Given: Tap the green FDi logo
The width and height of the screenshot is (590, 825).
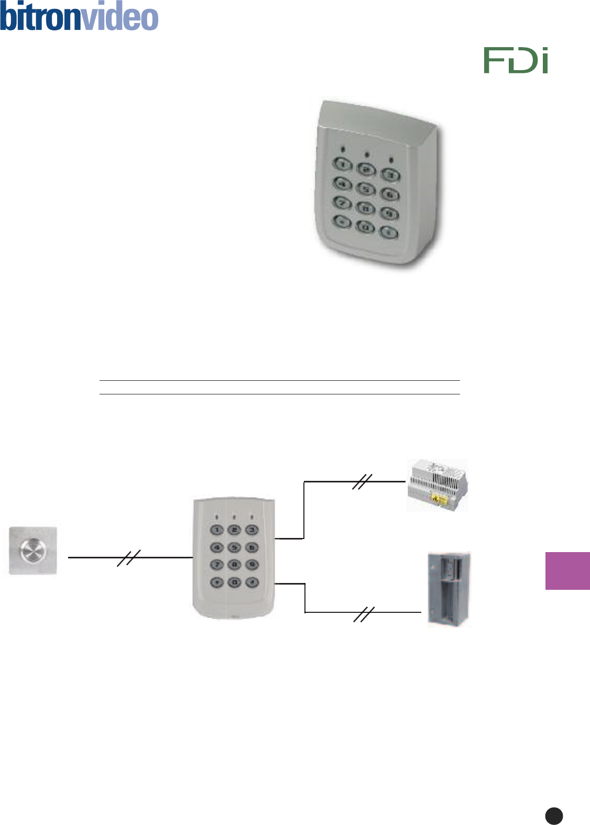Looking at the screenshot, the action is [x=516, y=60].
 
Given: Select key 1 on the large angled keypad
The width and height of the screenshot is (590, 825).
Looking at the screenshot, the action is [x=343, y=165].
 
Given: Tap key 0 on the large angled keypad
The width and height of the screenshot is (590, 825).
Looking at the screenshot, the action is [x=365, y=227].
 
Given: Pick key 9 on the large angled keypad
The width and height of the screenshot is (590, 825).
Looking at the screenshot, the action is [x=389, y=213].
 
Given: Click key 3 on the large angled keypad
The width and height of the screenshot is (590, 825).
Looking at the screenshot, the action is [x=390, y=175].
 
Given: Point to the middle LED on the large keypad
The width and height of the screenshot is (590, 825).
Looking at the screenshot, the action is [x=367, y=155].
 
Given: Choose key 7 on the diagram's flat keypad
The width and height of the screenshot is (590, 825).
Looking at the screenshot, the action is [x=217, y=565].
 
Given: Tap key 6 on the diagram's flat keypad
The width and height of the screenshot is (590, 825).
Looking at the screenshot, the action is [x=252, y=547].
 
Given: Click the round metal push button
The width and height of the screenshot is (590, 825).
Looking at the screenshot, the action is [x=33, y=551].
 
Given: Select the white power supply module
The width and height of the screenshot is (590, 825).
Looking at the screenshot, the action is [x=438, y=485].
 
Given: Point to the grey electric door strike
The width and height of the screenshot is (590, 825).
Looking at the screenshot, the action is [x=449, y=589].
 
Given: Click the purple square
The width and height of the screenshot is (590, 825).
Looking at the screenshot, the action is [x=567, y=570].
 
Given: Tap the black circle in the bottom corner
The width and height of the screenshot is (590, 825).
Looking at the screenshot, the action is [x=554, y=816].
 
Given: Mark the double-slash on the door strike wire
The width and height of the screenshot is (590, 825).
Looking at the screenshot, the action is [x=364, y=614].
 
